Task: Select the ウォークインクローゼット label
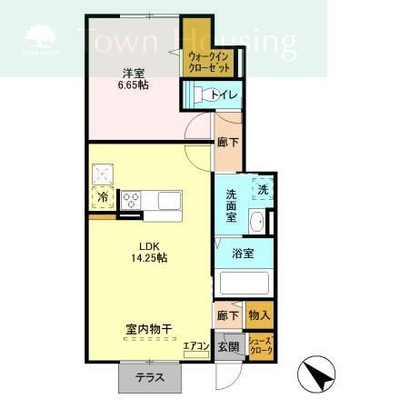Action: tap(208, 62)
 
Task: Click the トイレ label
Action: tap(223, 95)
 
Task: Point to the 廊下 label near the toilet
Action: tap(228, 142)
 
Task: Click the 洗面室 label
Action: tap(232, 205)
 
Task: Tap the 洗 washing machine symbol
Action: tap(263, 189)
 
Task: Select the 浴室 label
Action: tap(242, 253)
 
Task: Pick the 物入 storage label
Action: tap(258, 315)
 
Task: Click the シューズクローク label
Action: tap(260, 345)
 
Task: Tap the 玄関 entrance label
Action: tap(228, 346)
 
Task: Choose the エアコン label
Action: tap(196, 345)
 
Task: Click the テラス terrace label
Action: tap(150, 377)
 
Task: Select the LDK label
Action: tap(149, 244)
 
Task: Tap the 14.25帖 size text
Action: tap(149, 258)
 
